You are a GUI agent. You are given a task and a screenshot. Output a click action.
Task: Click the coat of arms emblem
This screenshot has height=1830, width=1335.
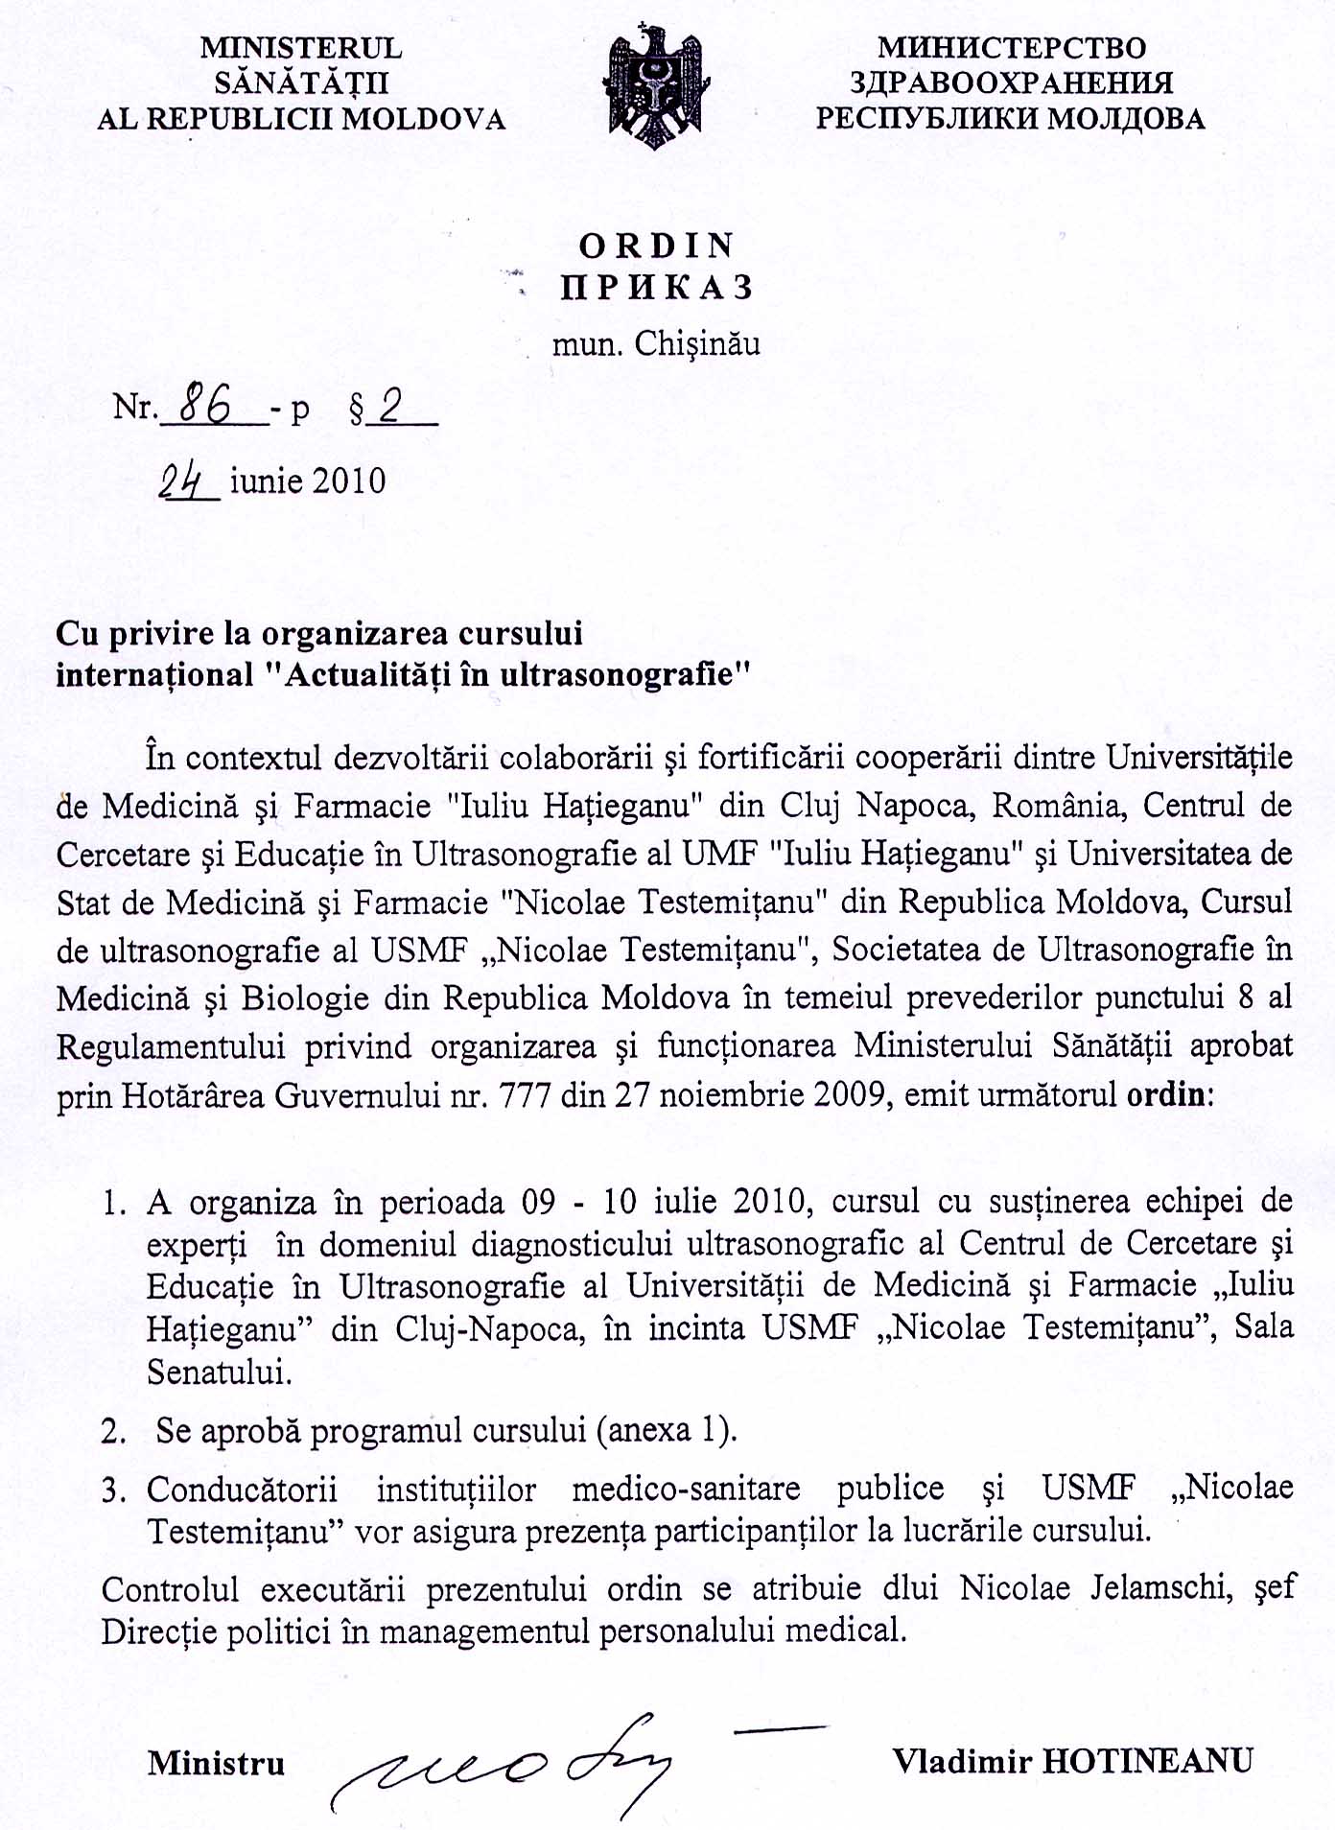[x=656, y=85]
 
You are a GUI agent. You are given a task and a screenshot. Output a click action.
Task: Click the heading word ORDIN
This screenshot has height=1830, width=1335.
[x=657, y=246]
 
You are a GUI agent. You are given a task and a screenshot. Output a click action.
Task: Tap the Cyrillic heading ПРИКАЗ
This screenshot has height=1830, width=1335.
[x=657, y=287]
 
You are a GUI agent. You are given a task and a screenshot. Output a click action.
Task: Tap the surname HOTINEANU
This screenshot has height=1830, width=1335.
[x=1147, y=1761]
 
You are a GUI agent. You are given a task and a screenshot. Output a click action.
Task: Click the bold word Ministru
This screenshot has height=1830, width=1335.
[x=216, y=1763]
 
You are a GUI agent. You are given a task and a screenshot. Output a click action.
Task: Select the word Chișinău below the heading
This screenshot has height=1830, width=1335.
[x=697, y=343]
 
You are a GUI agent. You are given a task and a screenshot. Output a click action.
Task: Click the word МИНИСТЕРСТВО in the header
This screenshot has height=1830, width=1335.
[x=1012, y=47]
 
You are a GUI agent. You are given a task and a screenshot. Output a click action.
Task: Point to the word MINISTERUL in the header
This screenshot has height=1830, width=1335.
[x=301, y=47]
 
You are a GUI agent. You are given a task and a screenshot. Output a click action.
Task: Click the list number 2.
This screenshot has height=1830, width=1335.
[x=113, y=1432]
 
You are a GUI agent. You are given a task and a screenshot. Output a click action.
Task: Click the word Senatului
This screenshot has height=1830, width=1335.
[x=219, y=1372]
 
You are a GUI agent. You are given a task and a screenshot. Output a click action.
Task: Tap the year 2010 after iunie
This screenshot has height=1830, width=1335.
[x=348, y=481]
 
